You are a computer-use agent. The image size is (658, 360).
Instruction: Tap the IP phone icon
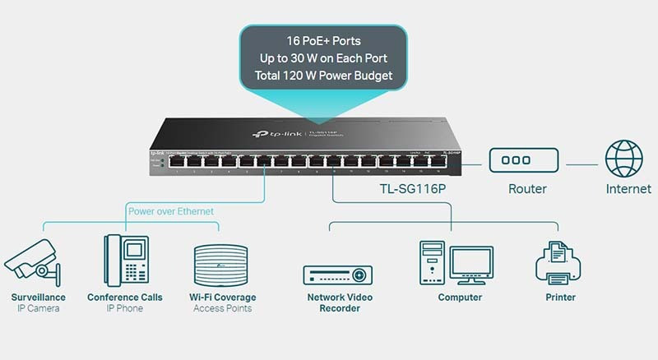(x=125, y=259)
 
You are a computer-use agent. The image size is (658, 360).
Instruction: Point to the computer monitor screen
(x=470, y=262)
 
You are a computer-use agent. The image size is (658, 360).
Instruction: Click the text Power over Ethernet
(x=170, y=211)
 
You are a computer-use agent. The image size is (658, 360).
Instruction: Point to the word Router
(x=527, y=189)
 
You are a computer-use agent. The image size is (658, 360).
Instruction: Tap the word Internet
(x=628, y=189)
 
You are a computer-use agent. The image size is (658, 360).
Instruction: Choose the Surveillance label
(x=38, y=298)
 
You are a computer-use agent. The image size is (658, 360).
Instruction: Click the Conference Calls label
(x=125, y=298)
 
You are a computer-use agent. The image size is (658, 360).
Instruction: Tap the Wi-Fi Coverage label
(x=222, y=298)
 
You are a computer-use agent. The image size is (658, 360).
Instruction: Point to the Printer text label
(x=560, y=298)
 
